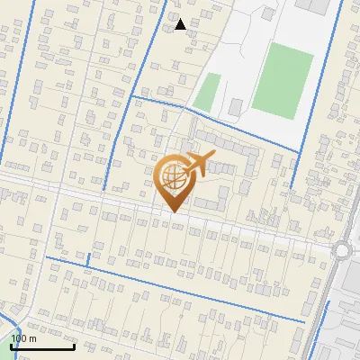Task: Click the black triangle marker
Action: click(x=181, y=24)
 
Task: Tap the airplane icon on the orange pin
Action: click(x=198, y=164)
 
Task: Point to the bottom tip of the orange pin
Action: click(x=172, y=212)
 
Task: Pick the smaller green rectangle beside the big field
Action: click(x=207, y=92)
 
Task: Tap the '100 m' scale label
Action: click(x=23, y=337)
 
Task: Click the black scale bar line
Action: click(x=42, y=346)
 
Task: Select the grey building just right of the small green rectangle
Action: click(x=235, y=107)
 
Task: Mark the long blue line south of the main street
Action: click(x=180, y=287)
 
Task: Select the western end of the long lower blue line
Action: click(x=47, y=257)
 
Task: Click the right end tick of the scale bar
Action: click(x=74, y=346)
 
